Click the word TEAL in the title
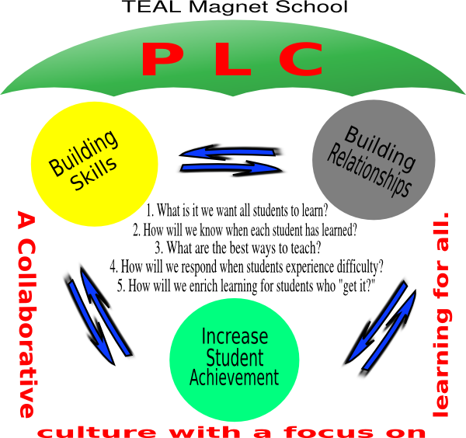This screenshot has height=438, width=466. (x=144, y=9)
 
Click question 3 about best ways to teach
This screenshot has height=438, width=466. (x=238, y=248)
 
